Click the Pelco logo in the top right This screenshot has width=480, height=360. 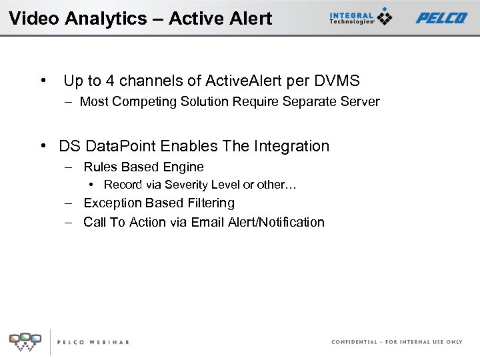click(x=441, y=18)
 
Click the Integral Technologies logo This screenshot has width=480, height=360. click(x=360, y=17)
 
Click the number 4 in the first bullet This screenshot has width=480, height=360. click(x=110, y=81)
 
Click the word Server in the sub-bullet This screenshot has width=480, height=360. click(x=360, y=102)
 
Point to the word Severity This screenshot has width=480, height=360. click(x=187, y=185)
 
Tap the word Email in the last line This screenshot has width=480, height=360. click(x=208, y=222)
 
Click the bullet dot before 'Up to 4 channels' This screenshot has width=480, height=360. click(x=43, y=81)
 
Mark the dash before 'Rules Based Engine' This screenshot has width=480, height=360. click(x=69, y=167)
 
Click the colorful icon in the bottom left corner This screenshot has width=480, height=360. click(x=25, y=341)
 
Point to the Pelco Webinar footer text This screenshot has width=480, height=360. click(x=93, y=342)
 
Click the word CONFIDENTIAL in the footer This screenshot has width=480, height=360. click(x=354, y=342)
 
